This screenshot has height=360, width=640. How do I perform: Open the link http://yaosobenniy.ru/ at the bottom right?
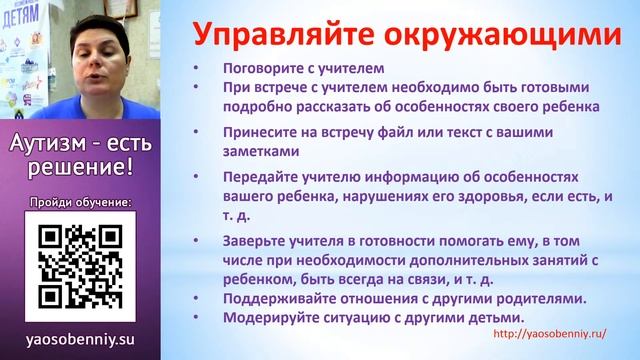(x=549, y=335)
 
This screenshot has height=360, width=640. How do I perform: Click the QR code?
(x=81, y=264)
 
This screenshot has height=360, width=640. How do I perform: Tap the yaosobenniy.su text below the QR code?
(x=81, y=340)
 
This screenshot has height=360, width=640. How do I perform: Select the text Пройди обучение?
(x=81, y=200)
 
